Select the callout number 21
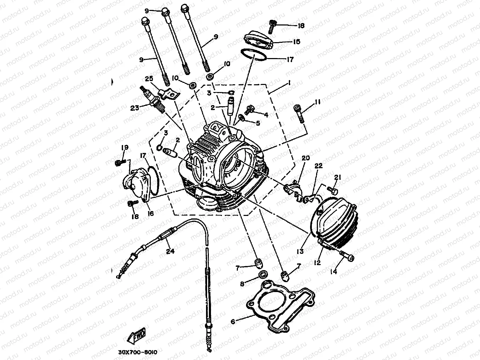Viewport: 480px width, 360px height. (337, 177)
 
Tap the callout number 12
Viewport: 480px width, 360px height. (317, 262)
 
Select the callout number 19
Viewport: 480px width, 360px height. (125, 147)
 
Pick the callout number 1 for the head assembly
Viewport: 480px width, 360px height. (289, 82)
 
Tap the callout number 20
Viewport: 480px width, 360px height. (305, 158)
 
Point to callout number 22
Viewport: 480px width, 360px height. (319, 166)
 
